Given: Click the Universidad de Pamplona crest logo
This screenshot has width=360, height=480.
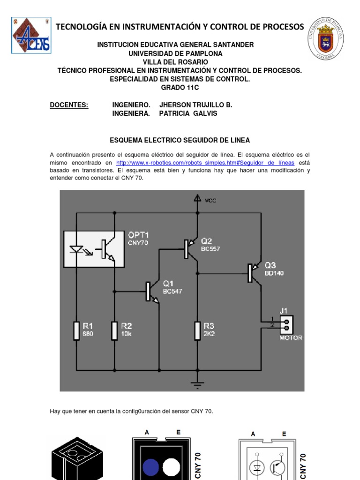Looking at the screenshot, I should pos(325,40).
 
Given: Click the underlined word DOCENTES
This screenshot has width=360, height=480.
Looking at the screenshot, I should pos(69,105).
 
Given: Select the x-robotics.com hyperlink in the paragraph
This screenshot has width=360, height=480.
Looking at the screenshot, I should pos(205,163).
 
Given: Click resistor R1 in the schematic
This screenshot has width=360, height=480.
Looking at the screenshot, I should pos(76,330).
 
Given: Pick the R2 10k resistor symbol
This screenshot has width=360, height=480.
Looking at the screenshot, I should pos(114,330).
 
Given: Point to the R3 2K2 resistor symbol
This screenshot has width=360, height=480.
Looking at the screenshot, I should pos(197,330).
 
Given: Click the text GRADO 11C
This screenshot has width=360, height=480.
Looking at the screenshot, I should pos(180,88).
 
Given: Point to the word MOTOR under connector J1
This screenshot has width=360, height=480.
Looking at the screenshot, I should pos(291,337).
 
